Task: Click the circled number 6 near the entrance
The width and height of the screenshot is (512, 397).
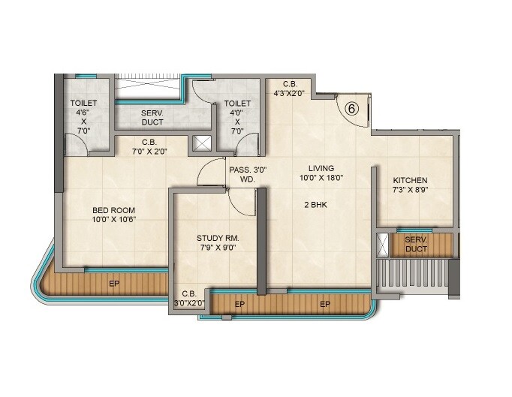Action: [x=351, y=107]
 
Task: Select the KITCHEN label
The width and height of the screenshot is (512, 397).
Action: [x=410, y=180]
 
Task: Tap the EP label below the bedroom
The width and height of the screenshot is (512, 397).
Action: [x=113, y=284]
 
